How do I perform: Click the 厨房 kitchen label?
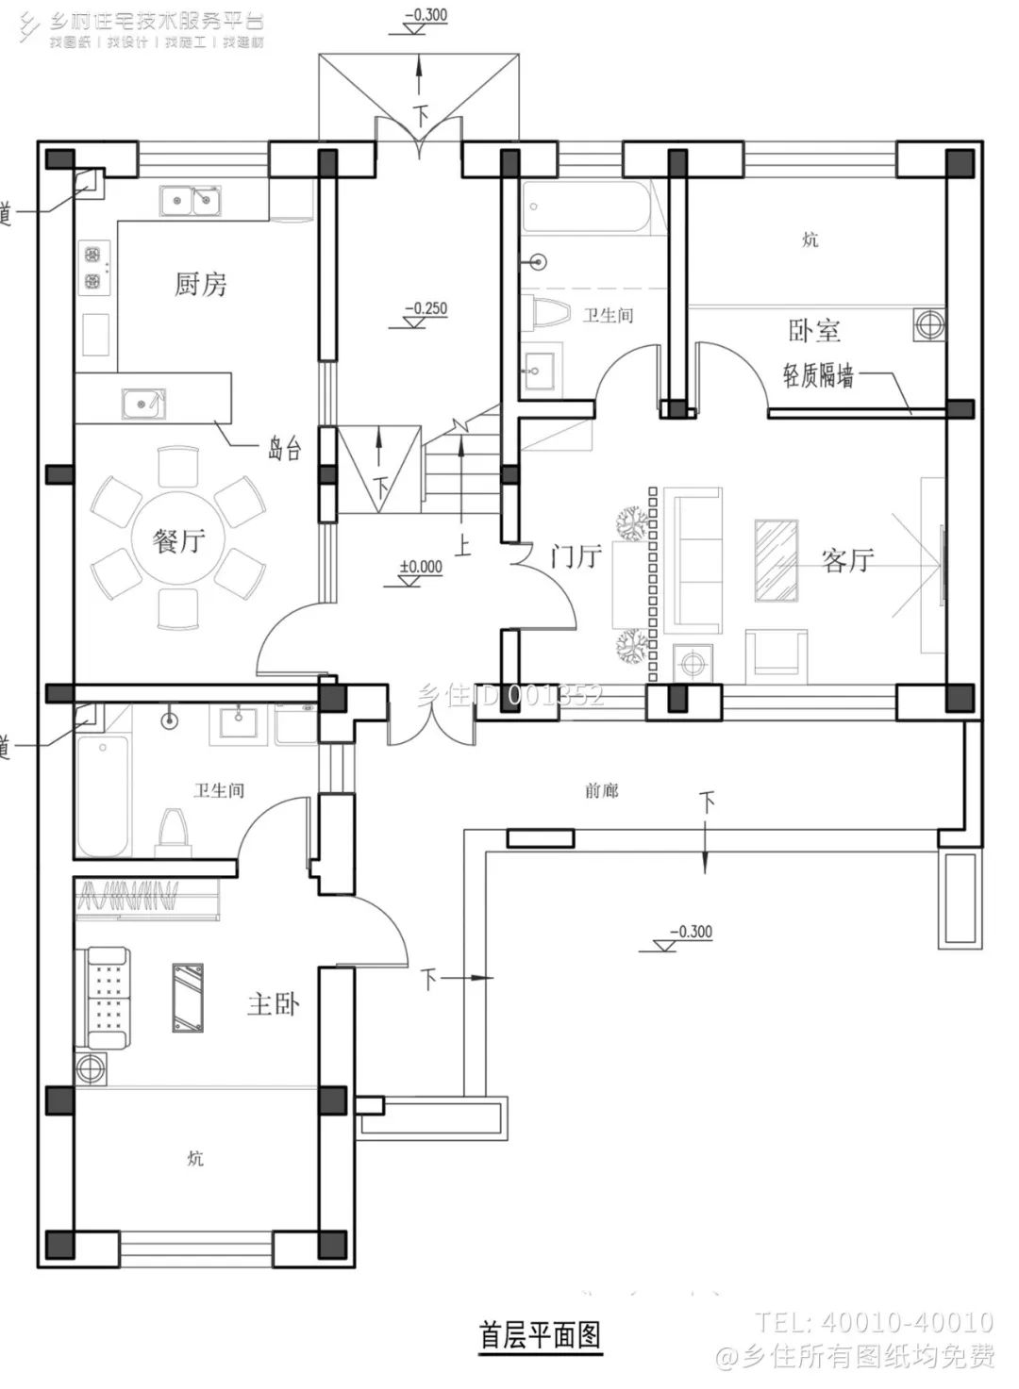click(200, 284)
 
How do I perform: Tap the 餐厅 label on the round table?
click(178, 541)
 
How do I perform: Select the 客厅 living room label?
click(847, 560)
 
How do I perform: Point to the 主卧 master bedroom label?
click(273, 1003)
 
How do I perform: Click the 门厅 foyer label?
click(576, 556)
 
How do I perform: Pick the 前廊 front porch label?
click(601, 790)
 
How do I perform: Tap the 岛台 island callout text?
click(284, 449)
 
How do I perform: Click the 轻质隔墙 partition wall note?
click(818, 376)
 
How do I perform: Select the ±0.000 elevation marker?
click(420, 568)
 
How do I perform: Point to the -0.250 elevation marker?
click(425, 309)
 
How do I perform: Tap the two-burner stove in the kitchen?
click(93, 267)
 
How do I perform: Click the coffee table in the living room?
click(776, 559)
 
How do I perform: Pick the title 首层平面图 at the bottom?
click(539, 1335)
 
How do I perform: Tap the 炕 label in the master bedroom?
click(195, 1158)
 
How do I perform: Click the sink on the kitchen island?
click(143, 404)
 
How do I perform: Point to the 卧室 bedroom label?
click(813, 331)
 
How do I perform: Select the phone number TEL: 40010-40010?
click(874, 1322)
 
